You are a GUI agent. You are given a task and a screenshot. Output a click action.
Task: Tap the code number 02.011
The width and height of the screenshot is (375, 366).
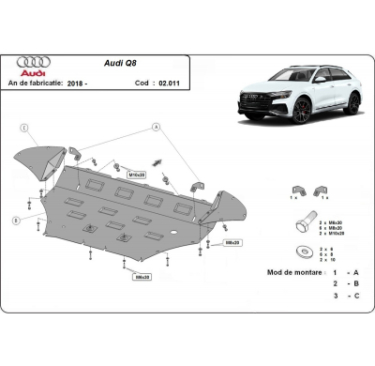pos(167,84)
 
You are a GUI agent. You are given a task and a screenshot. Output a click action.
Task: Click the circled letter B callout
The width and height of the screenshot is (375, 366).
pos(16,219)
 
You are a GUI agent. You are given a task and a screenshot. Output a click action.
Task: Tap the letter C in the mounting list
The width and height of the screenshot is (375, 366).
pos(356,296)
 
